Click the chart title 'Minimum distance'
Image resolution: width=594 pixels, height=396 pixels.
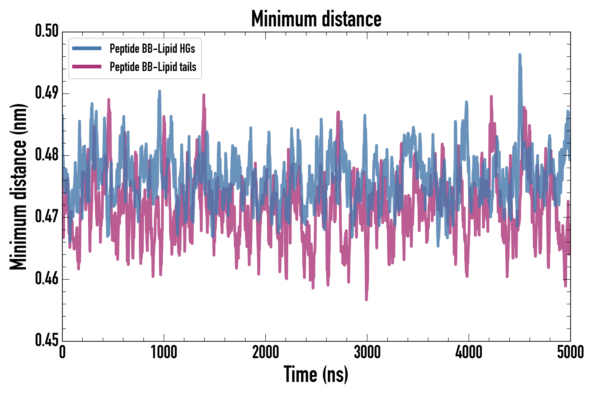point(316,19)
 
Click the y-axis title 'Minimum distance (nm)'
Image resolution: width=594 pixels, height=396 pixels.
point(18,187)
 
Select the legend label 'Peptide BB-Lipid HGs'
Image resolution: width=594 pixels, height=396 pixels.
point(152,48)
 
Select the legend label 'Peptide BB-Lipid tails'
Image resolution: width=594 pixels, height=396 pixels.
point(153,67)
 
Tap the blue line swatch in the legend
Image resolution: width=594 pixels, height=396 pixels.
point(87,48)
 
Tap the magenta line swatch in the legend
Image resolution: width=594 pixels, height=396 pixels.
point(87,67)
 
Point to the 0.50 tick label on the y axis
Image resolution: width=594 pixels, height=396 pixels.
point(47,31)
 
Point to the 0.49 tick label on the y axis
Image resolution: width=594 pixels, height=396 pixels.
point(47,93)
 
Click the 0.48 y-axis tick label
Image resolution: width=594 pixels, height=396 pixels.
point(47,155)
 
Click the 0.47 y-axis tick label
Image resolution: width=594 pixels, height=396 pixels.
point(47,217)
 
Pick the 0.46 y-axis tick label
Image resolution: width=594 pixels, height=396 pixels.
point(47,279)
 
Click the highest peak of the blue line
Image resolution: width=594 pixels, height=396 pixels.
point(520,55)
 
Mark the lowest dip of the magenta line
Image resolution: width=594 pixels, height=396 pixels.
point(367,299)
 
